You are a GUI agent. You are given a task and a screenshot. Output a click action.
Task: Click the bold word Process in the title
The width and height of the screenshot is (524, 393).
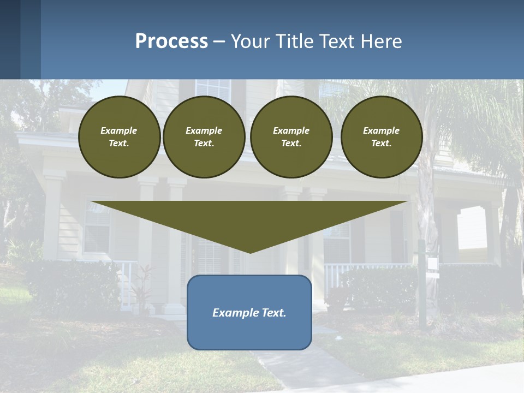pos(171,41)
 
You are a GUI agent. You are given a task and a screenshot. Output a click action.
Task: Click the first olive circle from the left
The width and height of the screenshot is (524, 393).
pos(119,137)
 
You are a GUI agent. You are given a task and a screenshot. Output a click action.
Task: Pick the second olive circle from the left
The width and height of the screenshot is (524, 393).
pos(204,137)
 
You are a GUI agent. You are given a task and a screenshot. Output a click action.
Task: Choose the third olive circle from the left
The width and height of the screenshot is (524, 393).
pos(291,137)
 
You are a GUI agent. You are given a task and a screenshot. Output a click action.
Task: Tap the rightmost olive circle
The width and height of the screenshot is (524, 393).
pos(382,137)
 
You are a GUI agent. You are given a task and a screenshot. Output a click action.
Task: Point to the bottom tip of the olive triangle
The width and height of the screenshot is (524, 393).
pos(250,252)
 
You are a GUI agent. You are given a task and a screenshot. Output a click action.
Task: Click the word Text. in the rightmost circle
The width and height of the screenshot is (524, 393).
pos(381,144)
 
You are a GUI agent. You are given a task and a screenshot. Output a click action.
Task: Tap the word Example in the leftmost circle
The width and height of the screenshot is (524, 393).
pos(119,130)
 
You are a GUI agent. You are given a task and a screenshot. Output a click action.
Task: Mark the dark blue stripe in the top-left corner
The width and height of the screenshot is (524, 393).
pos(10,39)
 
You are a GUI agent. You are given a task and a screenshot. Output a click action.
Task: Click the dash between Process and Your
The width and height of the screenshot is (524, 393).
pos(219,41)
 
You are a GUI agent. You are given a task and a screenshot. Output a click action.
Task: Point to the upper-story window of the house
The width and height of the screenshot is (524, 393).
pos(212,91)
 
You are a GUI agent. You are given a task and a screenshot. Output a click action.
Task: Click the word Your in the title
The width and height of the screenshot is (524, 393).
pos(249,41)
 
